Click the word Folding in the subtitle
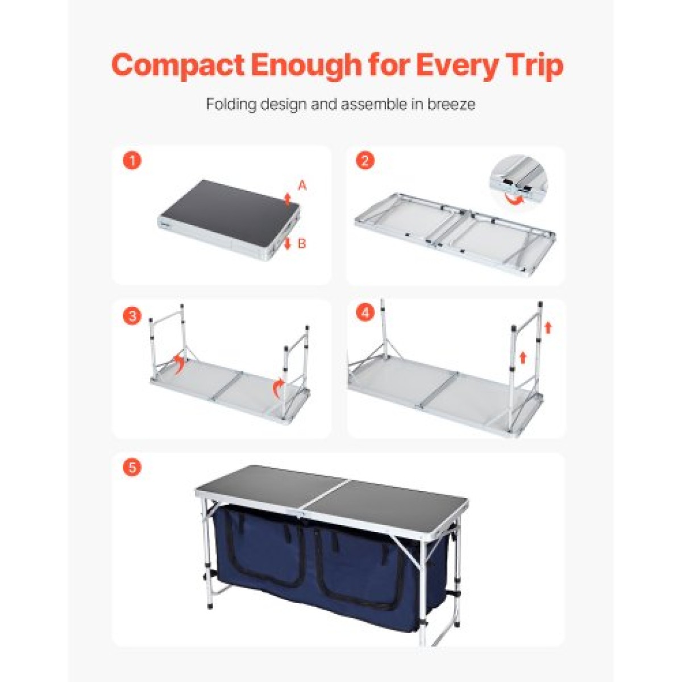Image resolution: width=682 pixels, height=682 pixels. tap(231, 105)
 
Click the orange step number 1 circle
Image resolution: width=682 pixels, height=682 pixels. tap(132, 160)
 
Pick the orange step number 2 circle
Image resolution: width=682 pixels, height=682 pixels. tap(365, 160)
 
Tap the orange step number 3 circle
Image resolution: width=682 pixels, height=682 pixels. tap(132, 315)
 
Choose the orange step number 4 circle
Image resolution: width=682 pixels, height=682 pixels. tap(365, 313)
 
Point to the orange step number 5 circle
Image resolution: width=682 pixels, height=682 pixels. tap(132, 468)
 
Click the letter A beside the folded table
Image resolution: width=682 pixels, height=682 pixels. tap(302, 185)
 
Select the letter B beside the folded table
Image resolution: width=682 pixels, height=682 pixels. tap(302, 244)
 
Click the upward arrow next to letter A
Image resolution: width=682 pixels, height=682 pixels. tap(288, 199)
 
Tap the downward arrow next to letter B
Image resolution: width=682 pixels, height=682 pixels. tap(288, 243)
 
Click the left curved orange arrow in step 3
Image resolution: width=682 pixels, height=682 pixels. tap(180, 363)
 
